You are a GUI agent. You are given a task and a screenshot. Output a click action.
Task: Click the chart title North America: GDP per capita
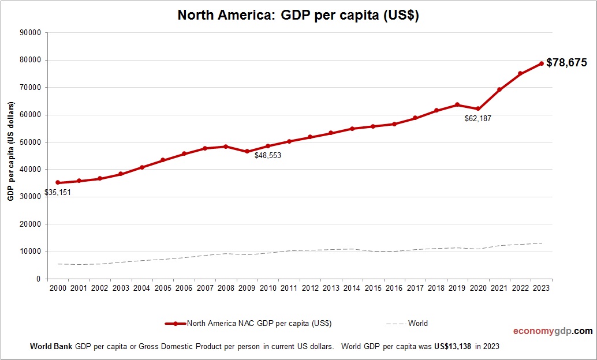pyautogui.click(x=298, y=16)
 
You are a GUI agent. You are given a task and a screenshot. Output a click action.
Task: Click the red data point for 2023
pyautogui.click(x=542, y=63)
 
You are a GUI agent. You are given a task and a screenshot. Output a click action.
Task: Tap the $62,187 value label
pyautogui.click(x=477, y=118)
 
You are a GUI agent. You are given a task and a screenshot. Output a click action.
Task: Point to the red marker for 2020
pyautogui.click(x=478, y=109)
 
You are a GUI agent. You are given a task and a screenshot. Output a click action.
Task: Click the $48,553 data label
pyautogui.click(x=268, y=155)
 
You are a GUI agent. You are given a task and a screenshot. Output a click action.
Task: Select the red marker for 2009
pyautogui.click(x=247, y=152)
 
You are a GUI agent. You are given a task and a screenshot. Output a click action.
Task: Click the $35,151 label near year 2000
pyautogui.click(x=58, y=192)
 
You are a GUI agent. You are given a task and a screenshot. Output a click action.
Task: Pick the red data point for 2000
pyautogui.click(x=58, y=182)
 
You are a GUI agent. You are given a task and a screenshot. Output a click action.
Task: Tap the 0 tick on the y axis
pyautogui.click(x=38, y=279)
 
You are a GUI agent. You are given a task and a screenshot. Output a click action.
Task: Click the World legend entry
pyautogui.click(x=417, y=324)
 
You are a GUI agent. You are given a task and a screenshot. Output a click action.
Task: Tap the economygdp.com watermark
pyautogui.click(x=553, y=331)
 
